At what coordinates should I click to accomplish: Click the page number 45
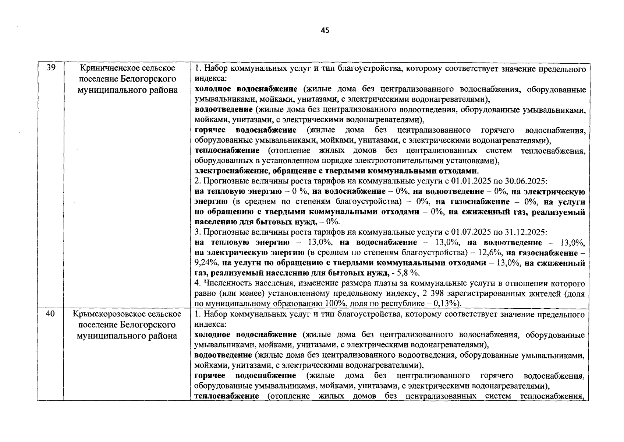tap(325, 31)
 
